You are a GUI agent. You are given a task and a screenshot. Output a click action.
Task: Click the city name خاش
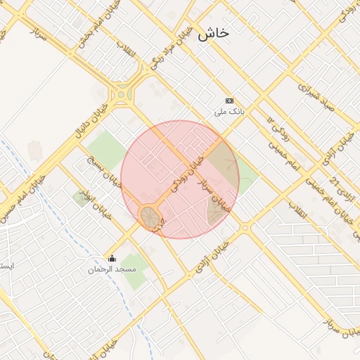[213, 33]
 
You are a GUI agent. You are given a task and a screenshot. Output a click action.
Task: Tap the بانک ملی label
[229, 112]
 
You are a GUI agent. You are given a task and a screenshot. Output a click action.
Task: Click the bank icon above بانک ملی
[229, 101]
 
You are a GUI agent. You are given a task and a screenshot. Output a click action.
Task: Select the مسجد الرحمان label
[112, 269]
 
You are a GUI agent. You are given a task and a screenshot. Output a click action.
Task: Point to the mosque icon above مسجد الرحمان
[112, 258]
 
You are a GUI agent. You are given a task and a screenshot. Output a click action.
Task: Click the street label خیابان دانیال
[94, 116]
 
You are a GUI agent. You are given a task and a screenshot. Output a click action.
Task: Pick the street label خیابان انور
[96, 204]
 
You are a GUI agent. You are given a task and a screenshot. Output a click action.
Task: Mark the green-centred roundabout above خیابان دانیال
[123, 94]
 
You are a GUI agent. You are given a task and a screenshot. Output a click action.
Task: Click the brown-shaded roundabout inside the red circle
[150, 217]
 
